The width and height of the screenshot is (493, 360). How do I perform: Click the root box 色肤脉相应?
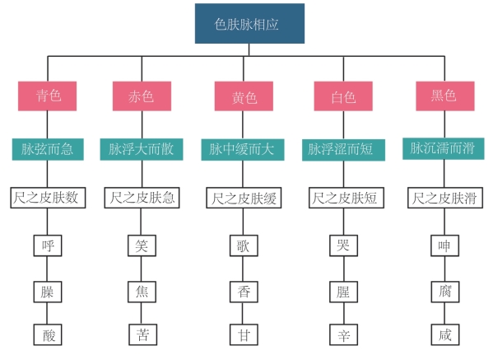tap(249, 24)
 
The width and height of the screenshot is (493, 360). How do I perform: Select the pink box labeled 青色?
tap(47, 96)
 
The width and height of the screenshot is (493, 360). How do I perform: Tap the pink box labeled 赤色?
tap(142, 96)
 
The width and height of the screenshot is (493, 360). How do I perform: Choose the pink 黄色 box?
tap(244, 96)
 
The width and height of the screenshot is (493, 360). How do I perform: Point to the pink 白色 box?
tap(343, 96)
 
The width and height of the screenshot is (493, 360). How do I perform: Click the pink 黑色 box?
tap(445, 96)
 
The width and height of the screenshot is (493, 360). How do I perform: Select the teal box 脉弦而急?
tap(48, 149)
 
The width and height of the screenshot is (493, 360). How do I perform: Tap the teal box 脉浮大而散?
tap(142, 149)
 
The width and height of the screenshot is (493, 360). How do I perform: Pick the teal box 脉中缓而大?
tap(243, 149)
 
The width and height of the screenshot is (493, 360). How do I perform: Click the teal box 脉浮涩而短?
tap(344, 150)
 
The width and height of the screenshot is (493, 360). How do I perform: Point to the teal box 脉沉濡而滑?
tap(444, 148)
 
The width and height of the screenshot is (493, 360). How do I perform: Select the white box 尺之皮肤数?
tap(48, 198)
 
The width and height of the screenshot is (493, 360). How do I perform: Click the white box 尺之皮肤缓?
tap(244, 198)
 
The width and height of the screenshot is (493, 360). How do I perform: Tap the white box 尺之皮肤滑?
tap(445, 198)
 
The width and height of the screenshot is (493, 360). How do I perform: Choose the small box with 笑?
tap(142, 245)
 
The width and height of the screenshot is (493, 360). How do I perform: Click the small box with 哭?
tap(344, 245)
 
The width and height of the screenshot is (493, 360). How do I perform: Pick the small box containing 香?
tap(244, 292)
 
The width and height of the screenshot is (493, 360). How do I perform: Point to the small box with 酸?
tap(48, 334)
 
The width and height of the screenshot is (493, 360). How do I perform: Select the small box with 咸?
tap(445, 334)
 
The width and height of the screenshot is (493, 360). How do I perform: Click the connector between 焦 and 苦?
tap(142, 313)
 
